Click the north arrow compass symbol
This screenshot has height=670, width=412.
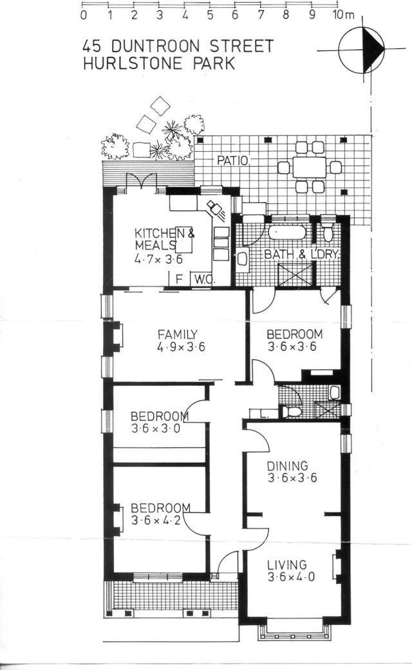coord(363,49)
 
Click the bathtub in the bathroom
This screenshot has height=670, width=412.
coord(288,232)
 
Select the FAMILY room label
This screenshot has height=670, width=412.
coord(176,334)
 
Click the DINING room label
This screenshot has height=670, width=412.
coord(287,465)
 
